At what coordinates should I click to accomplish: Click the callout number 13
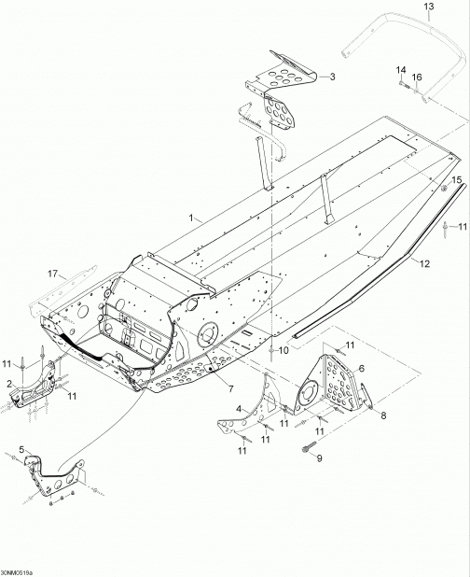429,7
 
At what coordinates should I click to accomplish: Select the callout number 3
332,77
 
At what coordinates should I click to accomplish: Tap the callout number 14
401,70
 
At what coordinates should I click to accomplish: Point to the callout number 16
417,77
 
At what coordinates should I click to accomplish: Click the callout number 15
456,179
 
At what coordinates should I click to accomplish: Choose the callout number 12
425,263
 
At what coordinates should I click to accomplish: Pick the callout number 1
191,218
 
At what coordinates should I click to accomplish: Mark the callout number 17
53,274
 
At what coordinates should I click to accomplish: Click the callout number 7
230,388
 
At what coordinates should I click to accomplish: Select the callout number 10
284,350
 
